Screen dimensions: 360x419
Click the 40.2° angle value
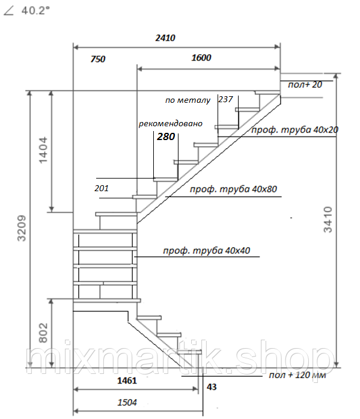pyautogui.click(x=35, y=11)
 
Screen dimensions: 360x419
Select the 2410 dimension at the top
pyautogui.click(x=165, y=38)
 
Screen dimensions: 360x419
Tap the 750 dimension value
pyautogui.click(x=98, y=59)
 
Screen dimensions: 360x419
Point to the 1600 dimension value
pyautogui.click(x=201, y=58)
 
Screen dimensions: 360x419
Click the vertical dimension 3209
pyautogui.click(x=22, y=228)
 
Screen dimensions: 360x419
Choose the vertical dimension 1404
pyautogui.click(x=43, y=150)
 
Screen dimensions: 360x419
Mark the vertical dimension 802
pyautogui.click(x=43, y=332)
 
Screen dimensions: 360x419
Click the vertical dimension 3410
pyautogui.click(x=328, y=219)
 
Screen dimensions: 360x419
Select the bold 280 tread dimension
pyautogui.click(x=166, y=136)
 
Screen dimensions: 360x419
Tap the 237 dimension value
pyautogui.click(x=225, y=99)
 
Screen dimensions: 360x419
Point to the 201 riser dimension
pyautogui.click(x=102, y=188)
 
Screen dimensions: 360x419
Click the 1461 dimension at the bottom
pyautogui.click(x=127, y=381)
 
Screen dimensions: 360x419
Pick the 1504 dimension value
pyautogui.click(x=127, y=402)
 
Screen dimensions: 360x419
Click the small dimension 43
pyautogui.click(x=212, y=387)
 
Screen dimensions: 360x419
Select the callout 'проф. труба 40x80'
pyautogui.click(x=233, y=189)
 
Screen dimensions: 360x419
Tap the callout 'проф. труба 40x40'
pyautogui.click(x=206, y=251)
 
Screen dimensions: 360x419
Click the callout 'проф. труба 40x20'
pyautogui.click(x=295, y=130)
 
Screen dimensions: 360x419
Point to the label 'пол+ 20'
pyautogui.click(x=305, y=85)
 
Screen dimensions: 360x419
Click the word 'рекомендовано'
pyautogui.click(x=171, y=124)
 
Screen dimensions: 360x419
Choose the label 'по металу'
pyautogui.click(x=188, y=100)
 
